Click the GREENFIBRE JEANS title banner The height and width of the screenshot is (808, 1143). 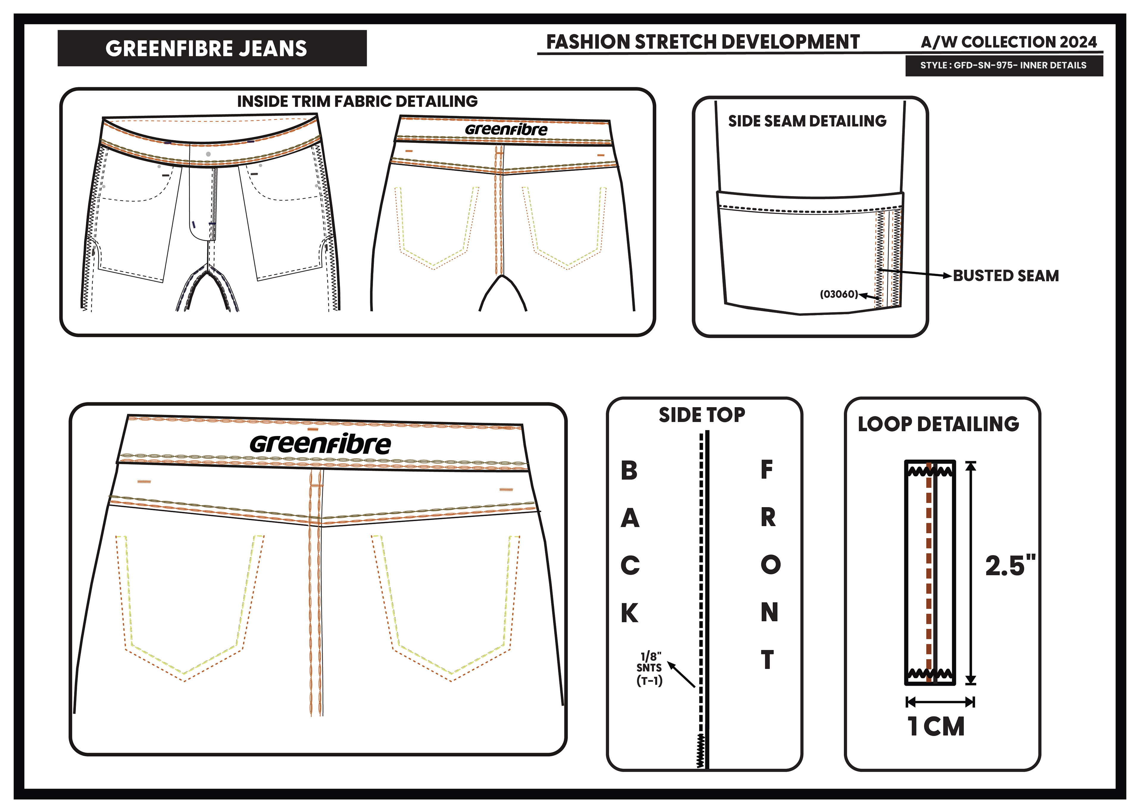212,48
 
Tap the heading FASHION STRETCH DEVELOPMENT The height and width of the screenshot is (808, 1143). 702,42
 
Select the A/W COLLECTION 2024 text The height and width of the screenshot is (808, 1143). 1008,42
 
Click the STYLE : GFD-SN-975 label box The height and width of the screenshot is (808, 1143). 1003,65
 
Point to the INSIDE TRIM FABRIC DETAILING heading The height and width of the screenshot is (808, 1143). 357,101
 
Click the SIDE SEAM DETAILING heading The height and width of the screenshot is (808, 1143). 807,121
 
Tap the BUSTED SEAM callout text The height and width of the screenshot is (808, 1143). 1005,276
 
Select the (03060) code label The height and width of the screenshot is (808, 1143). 839,294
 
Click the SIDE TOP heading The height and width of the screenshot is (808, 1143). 702,415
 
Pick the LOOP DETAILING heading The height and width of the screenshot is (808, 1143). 938,424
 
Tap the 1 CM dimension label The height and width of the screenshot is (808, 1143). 936,726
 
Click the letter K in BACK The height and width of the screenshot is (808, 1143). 629,613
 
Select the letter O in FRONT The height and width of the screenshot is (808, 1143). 770,565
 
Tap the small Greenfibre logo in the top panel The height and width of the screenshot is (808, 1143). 506,130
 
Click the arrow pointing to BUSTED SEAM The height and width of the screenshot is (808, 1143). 916,273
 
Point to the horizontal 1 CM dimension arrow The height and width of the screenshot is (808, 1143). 940,702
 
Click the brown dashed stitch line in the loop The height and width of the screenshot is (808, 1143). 928,573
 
